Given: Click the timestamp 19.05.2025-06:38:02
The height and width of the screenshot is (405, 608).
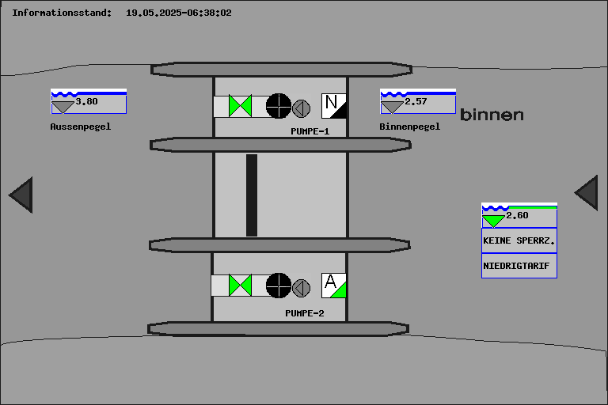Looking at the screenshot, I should pos(179,13).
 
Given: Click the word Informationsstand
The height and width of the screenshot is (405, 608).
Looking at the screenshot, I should pos(62,13).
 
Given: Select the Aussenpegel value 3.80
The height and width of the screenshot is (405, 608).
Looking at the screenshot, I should pos(87,101).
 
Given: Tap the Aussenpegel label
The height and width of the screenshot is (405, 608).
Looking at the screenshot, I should pos(81,127).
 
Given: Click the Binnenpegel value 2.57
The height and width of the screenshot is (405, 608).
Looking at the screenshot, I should pos(416,101).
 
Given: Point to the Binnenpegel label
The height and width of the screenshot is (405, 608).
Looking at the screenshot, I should pos(410,127).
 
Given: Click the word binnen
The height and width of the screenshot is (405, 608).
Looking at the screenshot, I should pos(492,115).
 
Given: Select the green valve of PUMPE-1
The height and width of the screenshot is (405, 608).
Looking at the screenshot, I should pos(240,106).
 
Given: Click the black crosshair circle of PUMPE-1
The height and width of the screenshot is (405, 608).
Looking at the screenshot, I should pos(278,105).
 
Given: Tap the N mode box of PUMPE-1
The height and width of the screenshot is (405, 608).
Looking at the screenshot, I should pos(334,106).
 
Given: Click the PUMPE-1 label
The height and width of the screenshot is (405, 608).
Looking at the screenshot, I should pos(310,131).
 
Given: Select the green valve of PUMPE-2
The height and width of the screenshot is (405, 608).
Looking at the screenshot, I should pos(240,285).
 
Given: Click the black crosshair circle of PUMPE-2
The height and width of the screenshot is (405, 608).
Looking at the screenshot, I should pos(278,285).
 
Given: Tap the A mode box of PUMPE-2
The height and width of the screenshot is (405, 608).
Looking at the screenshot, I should pos(334,285).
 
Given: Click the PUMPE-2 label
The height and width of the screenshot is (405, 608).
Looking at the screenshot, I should pos(305,313).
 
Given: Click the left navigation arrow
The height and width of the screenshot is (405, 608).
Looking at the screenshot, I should pos(21,195).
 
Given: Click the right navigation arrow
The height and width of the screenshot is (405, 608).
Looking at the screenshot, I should pos(587,193).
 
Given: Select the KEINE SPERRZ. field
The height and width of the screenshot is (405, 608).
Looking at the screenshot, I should pos(519,240).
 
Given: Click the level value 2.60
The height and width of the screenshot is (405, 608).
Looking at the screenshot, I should pos(518,215).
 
